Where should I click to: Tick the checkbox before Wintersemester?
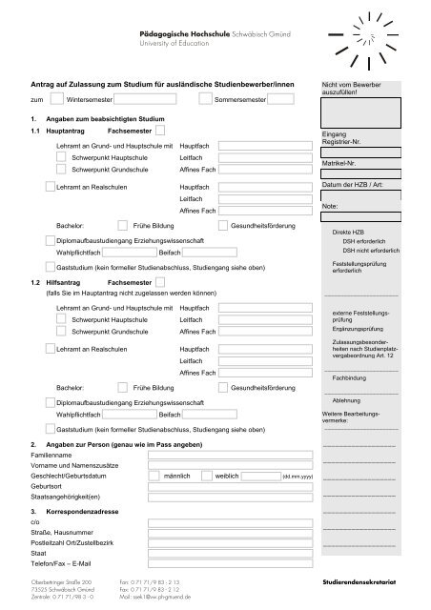[x=57, y=98]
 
